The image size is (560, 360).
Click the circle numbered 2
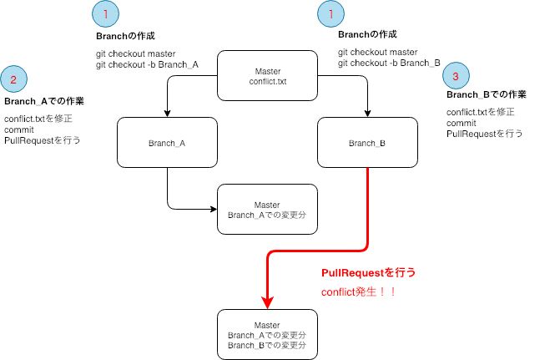[x=14, y=80]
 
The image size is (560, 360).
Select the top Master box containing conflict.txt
[x=267, y=76]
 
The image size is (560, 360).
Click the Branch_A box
[x=167, y=143]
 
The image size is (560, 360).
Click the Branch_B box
[x=366, y=143]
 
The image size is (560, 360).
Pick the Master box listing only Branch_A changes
[x=267, y=210]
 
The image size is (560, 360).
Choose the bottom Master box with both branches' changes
[x=267, y=334]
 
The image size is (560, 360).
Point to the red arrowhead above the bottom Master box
[x=267, y=302]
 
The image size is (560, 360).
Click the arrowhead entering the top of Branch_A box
[x=168, y=113]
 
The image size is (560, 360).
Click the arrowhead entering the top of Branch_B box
[x=367, y=113]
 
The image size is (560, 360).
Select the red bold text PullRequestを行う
[x=368, y=273]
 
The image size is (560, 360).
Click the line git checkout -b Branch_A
[x=147, y=65]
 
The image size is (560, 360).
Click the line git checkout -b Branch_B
[x=389, y=62]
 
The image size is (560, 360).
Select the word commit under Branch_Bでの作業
[x=463, y=122]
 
